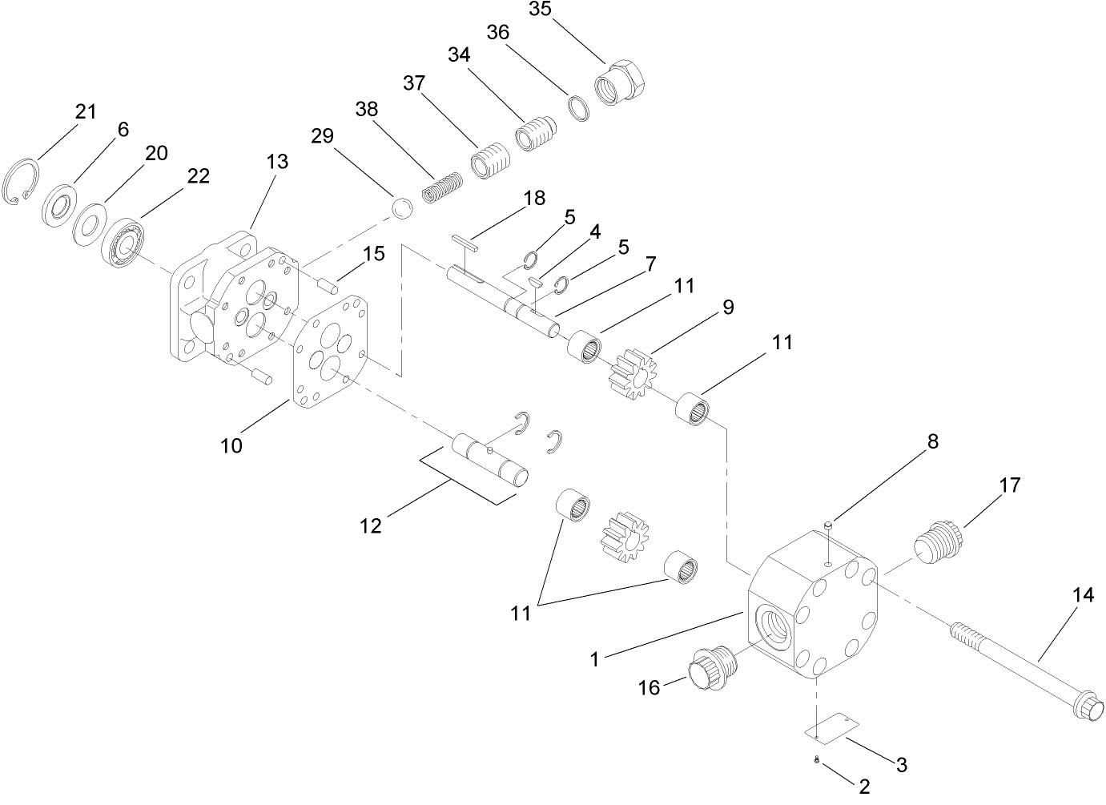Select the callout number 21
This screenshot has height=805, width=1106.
pos(86,112)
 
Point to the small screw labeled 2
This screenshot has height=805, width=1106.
pos(816,759)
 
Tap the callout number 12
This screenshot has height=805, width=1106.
pos(370,525)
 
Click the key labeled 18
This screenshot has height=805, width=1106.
pos(465,243)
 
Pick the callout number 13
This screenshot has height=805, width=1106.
pos(277,161)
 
